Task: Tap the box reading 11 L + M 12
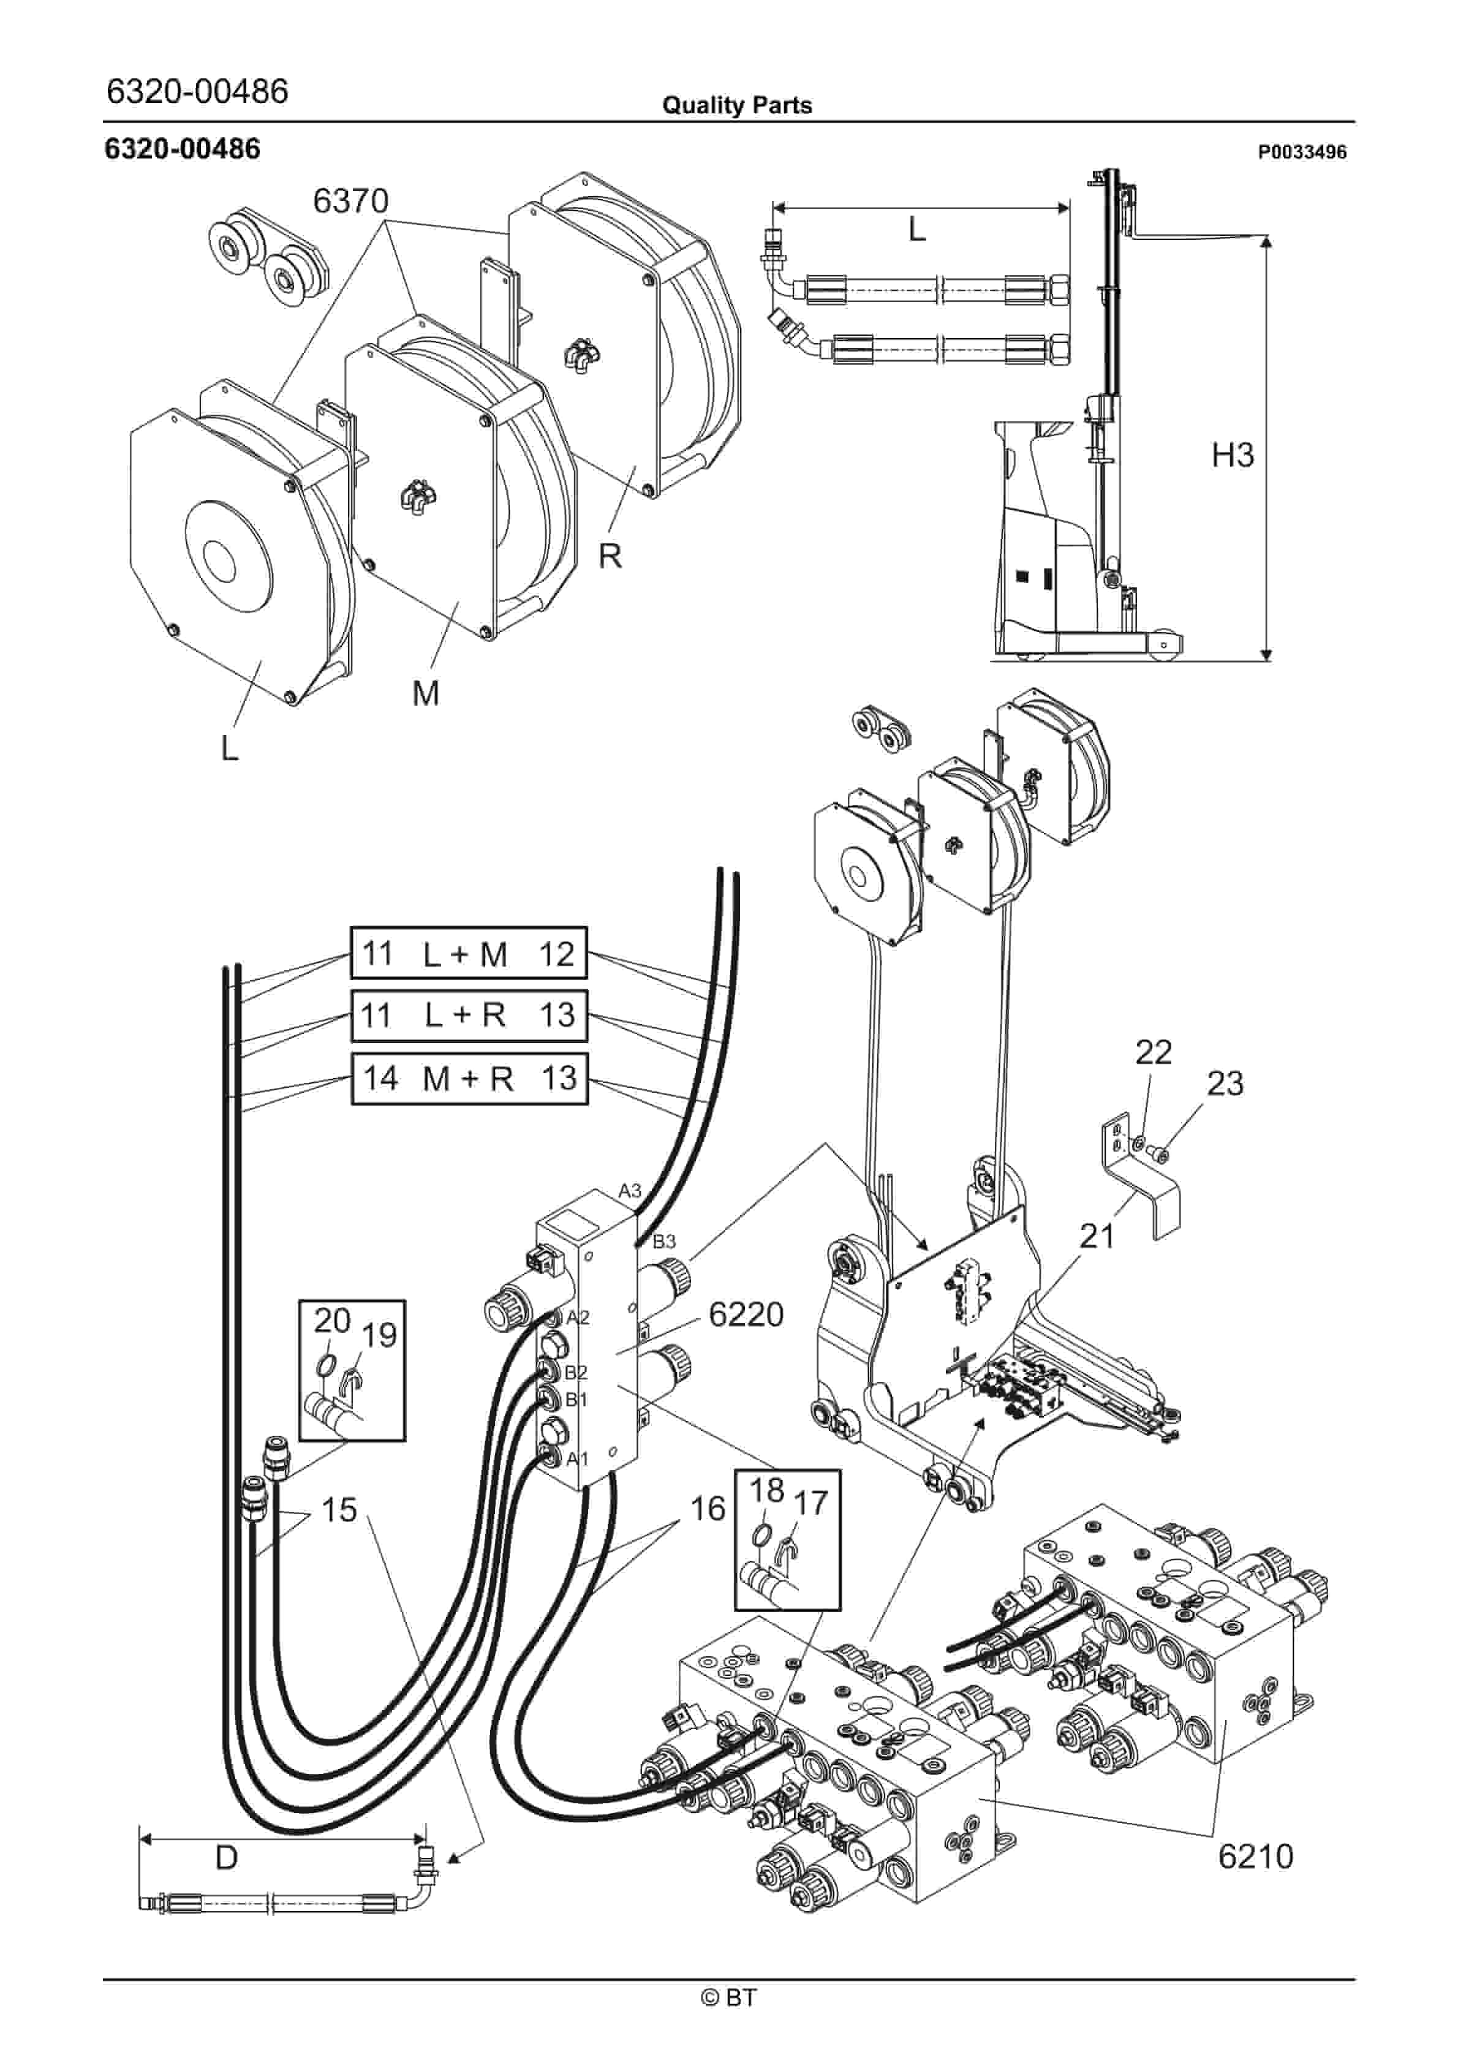tap(467, 952)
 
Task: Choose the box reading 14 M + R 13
tap(468, 1077)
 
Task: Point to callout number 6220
tap(746, 1314)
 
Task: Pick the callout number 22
tap(1154, 1052)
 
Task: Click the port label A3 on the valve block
tap(630, 1191)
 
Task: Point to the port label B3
tap(663, 1242)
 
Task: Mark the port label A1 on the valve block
tap(577, 1458)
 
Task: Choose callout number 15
tap(339, 1510)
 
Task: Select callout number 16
tap(708, 1509)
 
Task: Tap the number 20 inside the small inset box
tap(331, 1321)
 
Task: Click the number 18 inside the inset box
tap(767, 1491)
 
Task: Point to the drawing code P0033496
tap(1302, 152)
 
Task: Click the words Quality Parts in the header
tap(736, 105)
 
